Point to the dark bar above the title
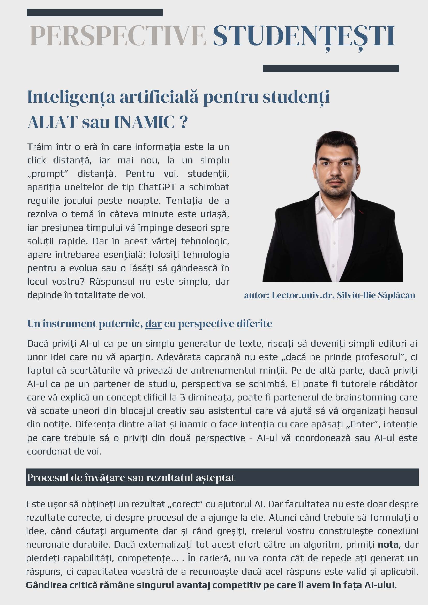pyautogui.click(x=95, y=13)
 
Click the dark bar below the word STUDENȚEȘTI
pyautogui.click(x=331, y=69)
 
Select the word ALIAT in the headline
pyautogui.click(x=52, y=122)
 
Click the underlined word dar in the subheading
pyautogui.click(x=153, y=324)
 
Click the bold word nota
pyautogui.click(x=388, y=544)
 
